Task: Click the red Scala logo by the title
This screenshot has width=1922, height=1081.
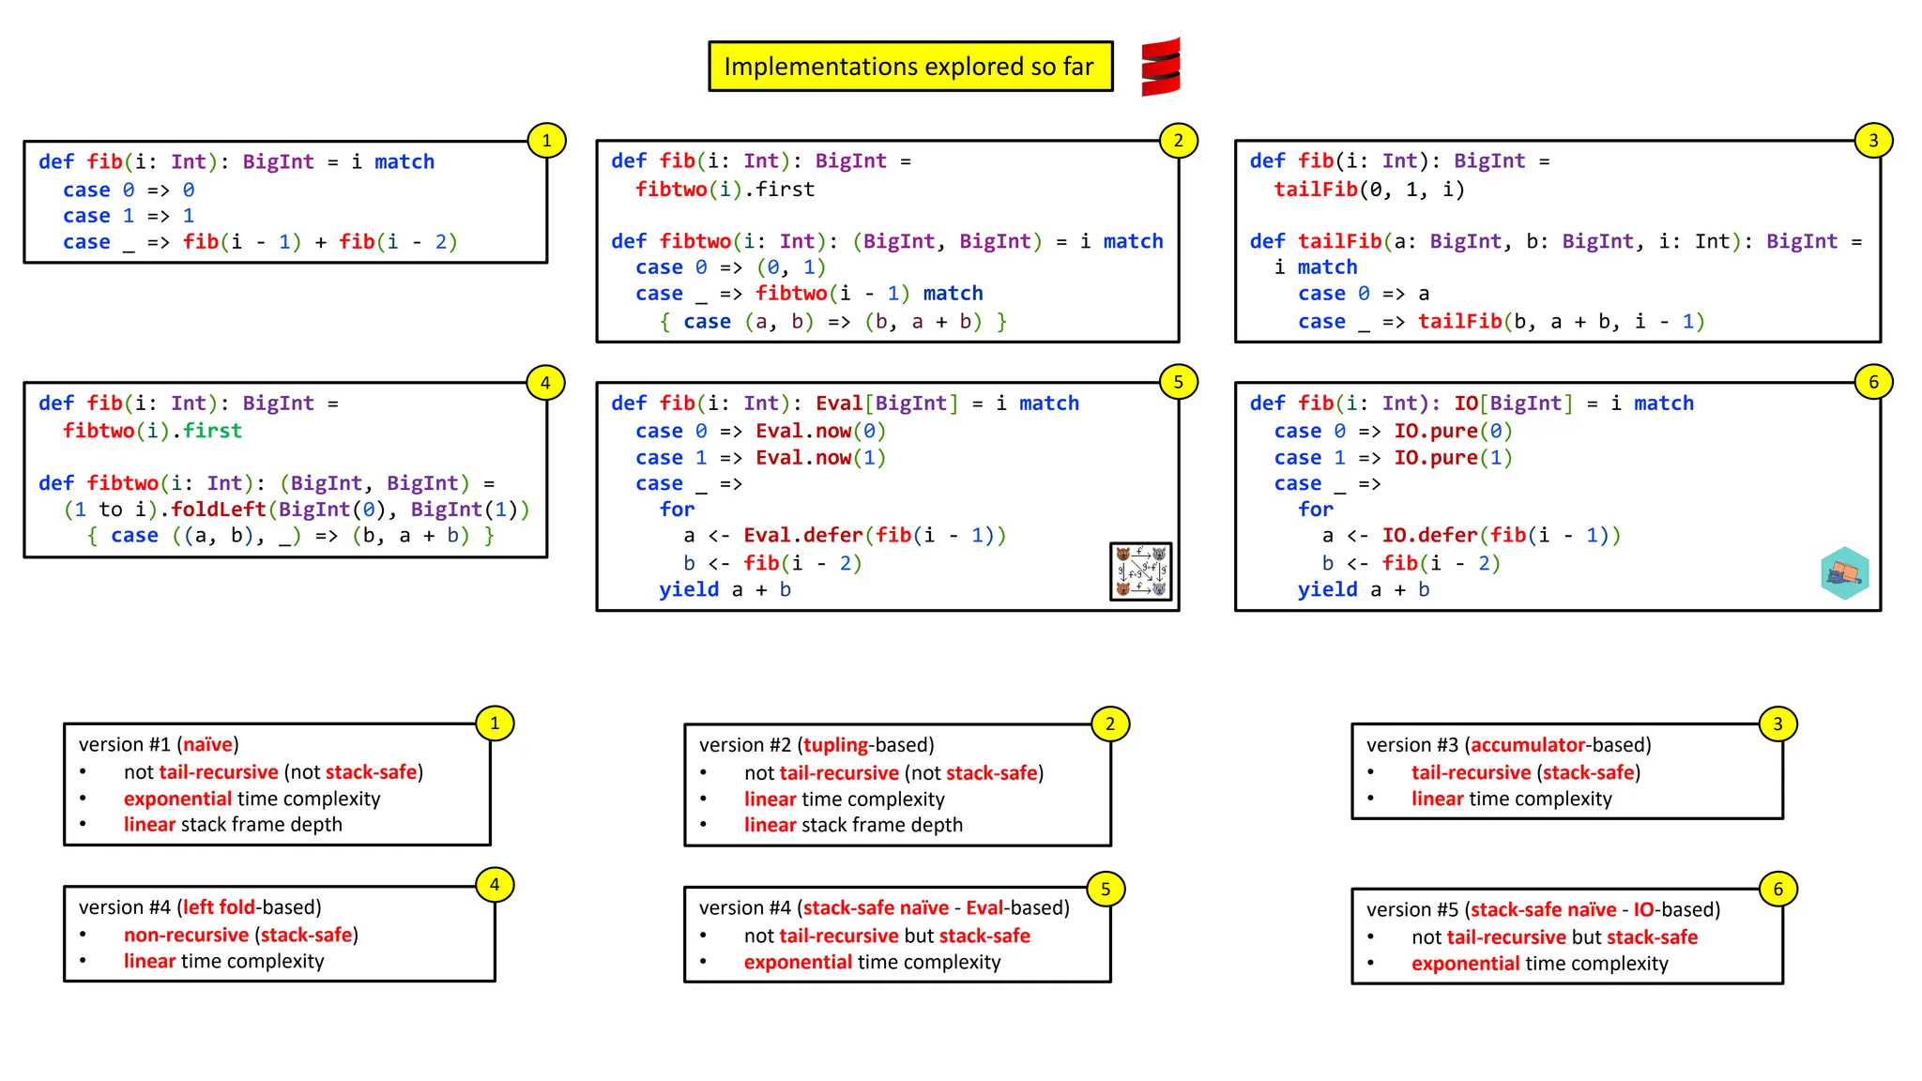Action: (1161, 67)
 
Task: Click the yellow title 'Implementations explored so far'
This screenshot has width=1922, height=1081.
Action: (909, 67)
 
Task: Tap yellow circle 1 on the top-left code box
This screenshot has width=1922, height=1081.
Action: (546, 141)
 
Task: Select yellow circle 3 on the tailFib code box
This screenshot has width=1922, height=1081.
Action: (1873, 141)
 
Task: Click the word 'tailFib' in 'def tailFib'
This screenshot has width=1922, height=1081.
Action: (1339, 241)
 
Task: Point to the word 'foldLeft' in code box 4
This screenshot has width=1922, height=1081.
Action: (219, 510)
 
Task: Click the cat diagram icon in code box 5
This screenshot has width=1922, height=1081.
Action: (1140, 571)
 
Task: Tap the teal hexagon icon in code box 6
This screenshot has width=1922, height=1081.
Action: (1844, 573)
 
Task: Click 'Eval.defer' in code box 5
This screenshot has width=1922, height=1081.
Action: (802, 536)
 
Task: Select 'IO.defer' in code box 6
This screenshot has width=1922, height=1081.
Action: (1429, 536)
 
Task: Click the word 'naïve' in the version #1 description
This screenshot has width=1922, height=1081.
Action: (207, 745)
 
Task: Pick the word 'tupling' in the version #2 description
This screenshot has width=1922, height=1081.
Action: (835, 745)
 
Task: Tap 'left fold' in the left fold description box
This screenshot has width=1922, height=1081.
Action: (219, 907)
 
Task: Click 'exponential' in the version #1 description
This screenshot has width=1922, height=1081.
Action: (177, 799)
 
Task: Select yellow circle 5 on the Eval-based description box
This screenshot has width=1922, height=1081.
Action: (1106, 890)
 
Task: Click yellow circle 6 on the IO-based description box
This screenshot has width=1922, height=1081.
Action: (1777, 890)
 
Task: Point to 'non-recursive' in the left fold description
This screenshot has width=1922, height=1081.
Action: (186, 936)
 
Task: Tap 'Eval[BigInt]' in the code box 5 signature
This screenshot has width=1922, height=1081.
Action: (887, 403)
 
